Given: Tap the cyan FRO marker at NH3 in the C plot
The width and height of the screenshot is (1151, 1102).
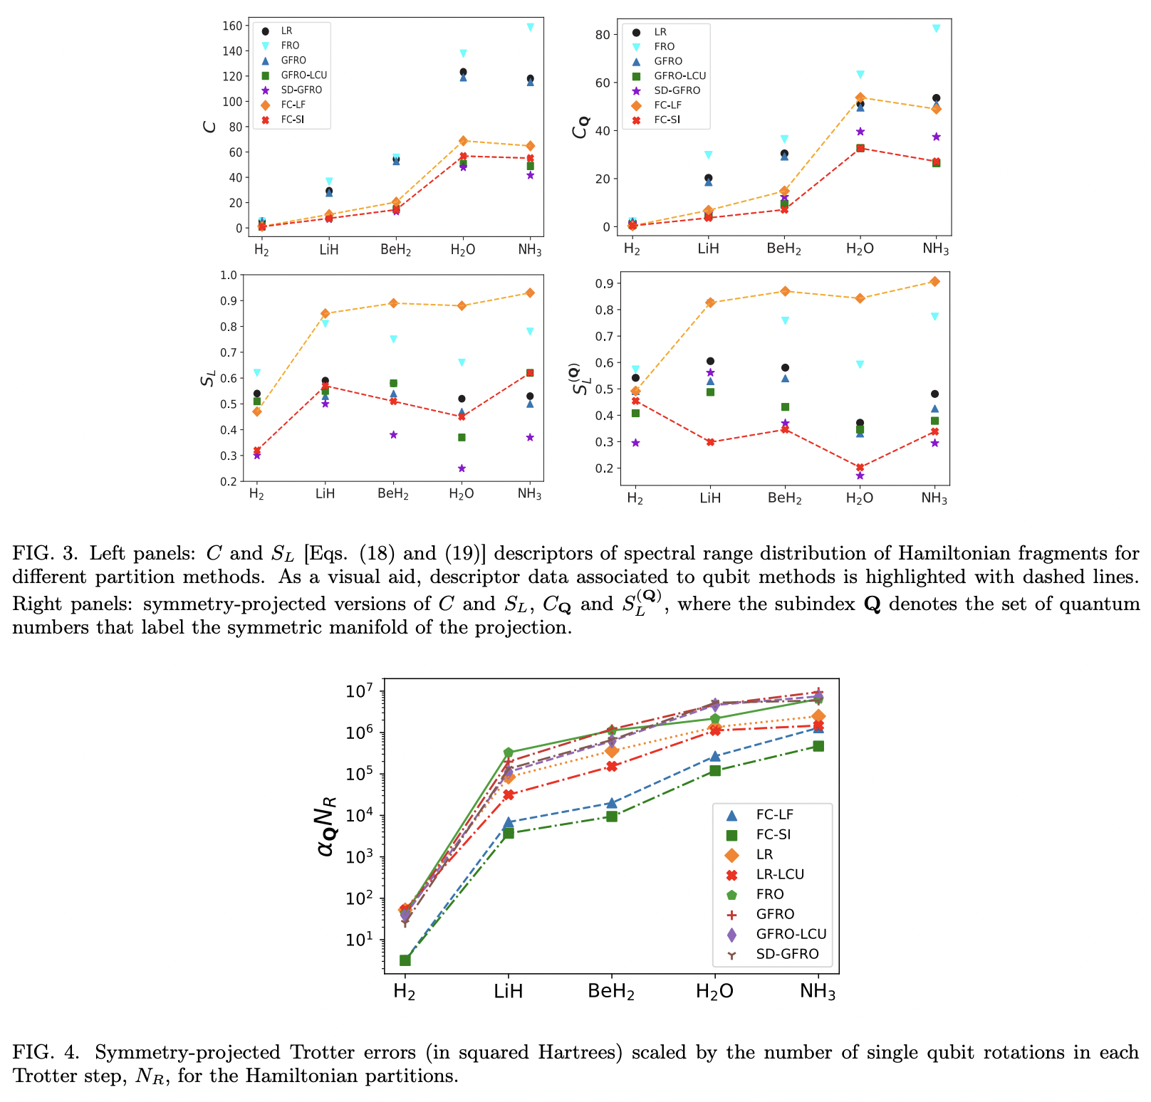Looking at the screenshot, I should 530,27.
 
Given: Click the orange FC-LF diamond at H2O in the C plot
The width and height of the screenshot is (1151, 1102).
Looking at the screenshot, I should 463,141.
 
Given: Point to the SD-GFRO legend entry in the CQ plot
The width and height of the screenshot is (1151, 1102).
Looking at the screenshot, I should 677,90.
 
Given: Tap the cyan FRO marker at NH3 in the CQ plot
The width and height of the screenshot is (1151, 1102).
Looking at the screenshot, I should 936,28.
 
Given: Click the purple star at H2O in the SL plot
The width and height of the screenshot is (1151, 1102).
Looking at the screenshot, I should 462,468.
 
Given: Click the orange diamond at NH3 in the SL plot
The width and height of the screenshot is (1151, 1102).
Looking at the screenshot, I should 530,293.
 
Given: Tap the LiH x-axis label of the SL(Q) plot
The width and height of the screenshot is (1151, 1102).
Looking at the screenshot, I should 710,498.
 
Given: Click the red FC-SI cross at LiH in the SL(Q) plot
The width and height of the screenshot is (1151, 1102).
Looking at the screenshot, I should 710,442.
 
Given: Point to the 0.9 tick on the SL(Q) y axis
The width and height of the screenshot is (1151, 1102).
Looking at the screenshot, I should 604,283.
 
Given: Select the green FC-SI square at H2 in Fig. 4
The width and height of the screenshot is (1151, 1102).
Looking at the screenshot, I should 405,960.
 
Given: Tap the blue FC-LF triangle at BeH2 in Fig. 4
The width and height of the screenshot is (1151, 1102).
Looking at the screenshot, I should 612,803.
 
